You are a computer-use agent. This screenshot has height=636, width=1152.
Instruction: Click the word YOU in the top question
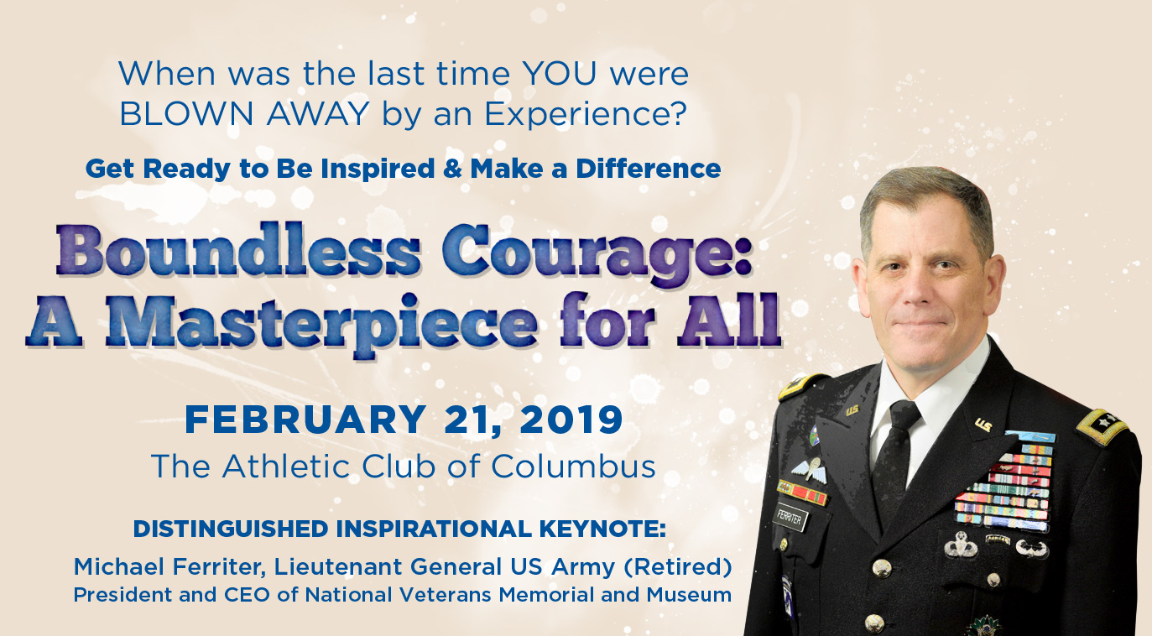click(559, 73)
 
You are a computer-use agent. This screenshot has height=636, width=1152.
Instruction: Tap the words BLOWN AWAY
click(244, 113)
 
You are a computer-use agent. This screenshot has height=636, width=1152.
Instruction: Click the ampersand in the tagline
click(452, 169)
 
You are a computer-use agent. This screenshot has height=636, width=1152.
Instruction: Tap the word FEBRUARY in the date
click(305, 420)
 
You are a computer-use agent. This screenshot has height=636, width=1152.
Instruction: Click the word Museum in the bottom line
click(689, 595)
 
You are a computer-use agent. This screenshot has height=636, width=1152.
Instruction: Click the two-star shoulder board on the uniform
click(1102, 425)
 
